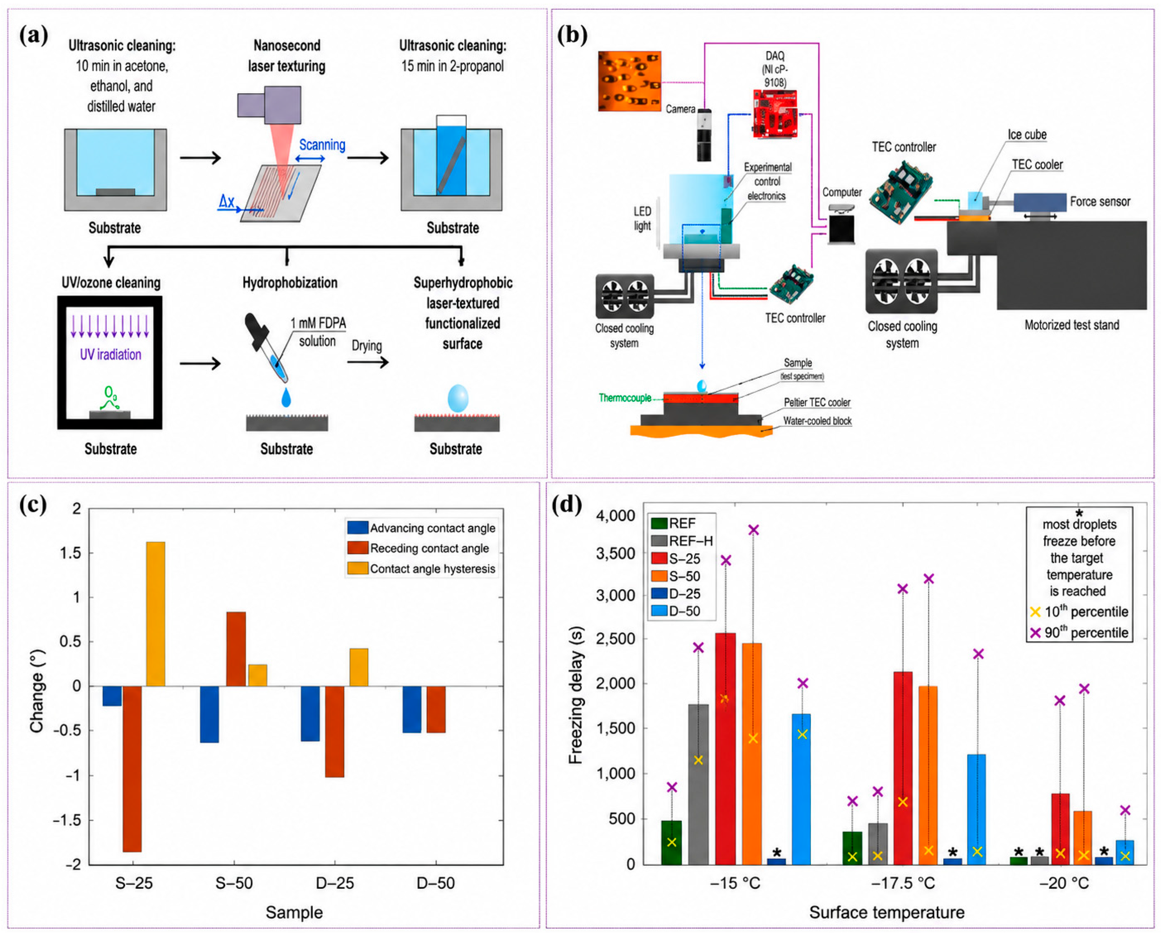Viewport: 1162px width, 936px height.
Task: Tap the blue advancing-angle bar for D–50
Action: [412, 709]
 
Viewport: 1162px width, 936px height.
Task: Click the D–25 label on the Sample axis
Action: [335, 883]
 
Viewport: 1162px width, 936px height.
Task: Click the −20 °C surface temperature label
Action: [1064, 883]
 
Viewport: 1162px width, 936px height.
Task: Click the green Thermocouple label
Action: [625, 398]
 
